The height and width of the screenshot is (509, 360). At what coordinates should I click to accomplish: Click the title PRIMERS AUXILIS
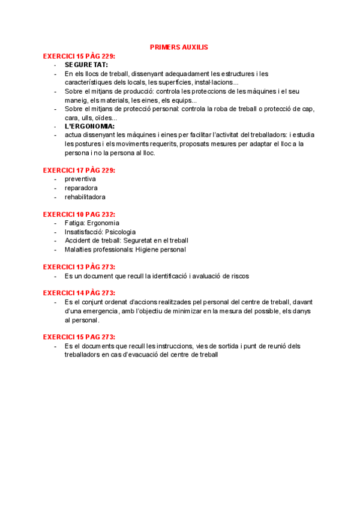pyautogui.click(x=179, y=47)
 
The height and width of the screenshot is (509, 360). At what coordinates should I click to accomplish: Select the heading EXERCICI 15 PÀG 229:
pyautogui.click(x=79, y=56)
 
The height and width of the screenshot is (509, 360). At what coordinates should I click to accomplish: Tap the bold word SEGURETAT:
pyautogui.click(x=86, y=65)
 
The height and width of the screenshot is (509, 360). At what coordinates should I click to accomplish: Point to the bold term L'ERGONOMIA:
pyautogui.click(x=89, y=127)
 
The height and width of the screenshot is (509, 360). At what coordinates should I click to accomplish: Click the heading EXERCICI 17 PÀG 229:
pyautogui.click(x=79, y=170)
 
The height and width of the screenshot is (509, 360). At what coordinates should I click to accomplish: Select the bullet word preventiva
pyautogui.click(x=80, y=179)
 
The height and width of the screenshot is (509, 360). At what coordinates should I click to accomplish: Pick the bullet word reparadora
pyautogui.click(x=81, y=188)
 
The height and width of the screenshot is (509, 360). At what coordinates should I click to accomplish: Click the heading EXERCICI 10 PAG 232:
pyautogui.click(x=79, y=214)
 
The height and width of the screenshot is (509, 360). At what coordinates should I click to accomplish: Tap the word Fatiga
pyautogui.click(x=74, y=223)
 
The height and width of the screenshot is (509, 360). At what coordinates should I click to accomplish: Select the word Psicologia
pyautogui.click(x=120, y=232)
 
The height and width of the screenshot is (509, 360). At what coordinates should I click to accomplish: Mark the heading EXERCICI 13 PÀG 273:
pyautogui.click(x=79, y=267)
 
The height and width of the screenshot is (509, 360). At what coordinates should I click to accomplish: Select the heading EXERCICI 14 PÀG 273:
pyautogui.click(x=79, y=293)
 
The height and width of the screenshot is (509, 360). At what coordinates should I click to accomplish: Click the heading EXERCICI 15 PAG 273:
pyautogui.click(x=79, y=337)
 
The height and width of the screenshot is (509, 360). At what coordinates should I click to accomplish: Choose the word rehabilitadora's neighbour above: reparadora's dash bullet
pyautogui.click(x=56, y=188)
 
